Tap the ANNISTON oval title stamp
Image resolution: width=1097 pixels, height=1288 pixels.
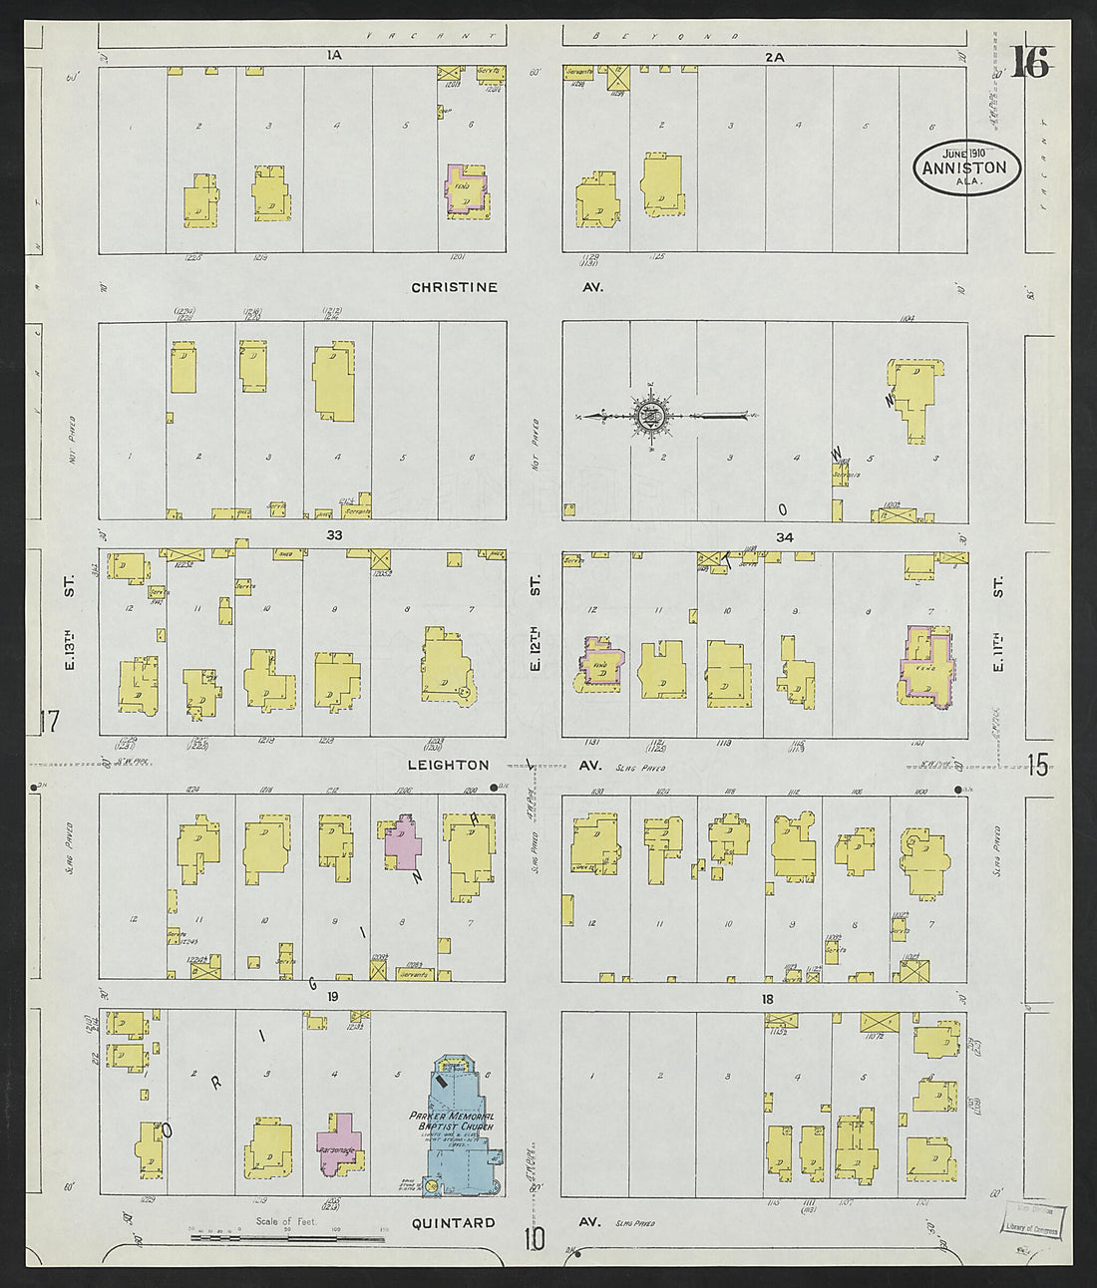pyautogui.click(x=966, y=167)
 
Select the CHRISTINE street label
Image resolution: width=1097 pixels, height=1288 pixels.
pyautogui.click(x=454, y=287)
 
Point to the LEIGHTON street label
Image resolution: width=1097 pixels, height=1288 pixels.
pyautogui.click(x=448, y=765)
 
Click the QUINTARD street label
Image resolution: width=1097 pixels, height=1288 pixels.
pyautogui.click(x=453, y=1222)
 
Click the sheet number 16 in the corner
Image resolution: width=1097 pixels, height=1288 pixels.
pyautogui.click(x=1030, y=65)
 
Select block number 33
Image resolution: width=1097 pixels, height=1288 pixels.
pyautogui.click(x=334, y=535)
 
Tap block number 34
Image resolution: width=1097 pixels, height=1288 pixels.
pyautogui.click(x=784, y=537)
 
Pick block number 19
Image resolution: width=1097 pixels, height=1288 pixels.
pyautogui.click(x=333, y=996)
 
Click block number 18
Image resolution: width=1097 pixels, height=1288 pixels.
pyautogui.click(x=767, y=998)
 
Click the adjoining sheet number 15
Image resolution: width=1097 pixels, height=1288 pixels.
pyautogui.click(x=1037, y=765)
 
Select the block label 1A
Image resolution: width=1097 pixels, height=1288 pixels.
pyautogui.click(x=333, y=57)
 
